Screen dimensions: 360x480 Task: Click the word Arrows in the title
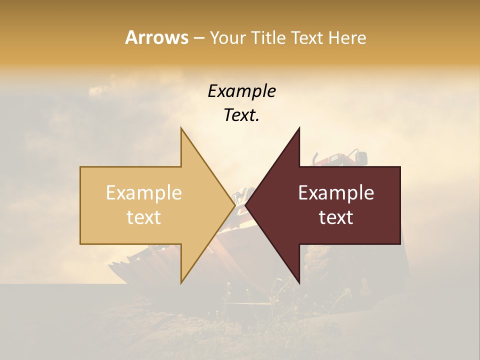tap(156, 37)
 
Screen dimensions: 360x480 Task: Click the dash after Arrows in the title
tap(198, 38)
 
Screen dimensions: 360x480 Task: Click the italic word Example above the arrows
tap(241, 91)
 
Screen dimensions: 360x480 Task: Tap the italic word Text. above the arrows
tap(241, 115)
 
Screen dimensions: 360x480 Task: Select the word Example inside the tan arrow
tap(144, 193)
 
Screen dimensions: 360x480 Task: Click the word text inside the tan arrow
tap(144, 217)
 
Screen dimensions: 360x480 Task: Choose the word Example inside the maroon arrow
tap(336, 193)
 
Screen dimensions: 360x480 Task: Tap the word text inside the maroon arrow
tap(336, 217)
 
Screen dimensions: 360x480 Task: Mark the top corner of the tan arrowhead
tap(181, 128)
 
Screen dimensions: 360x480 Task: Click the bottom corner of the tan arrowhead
tap(181, 282)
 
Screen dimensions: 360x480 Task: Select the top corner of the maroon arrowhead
tap(299, 128)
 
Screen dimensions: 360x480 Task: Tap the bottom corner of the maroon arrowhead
tap(299, 282)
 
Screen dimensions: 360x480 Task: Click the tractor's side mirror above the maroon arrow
tap(361, 157)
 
